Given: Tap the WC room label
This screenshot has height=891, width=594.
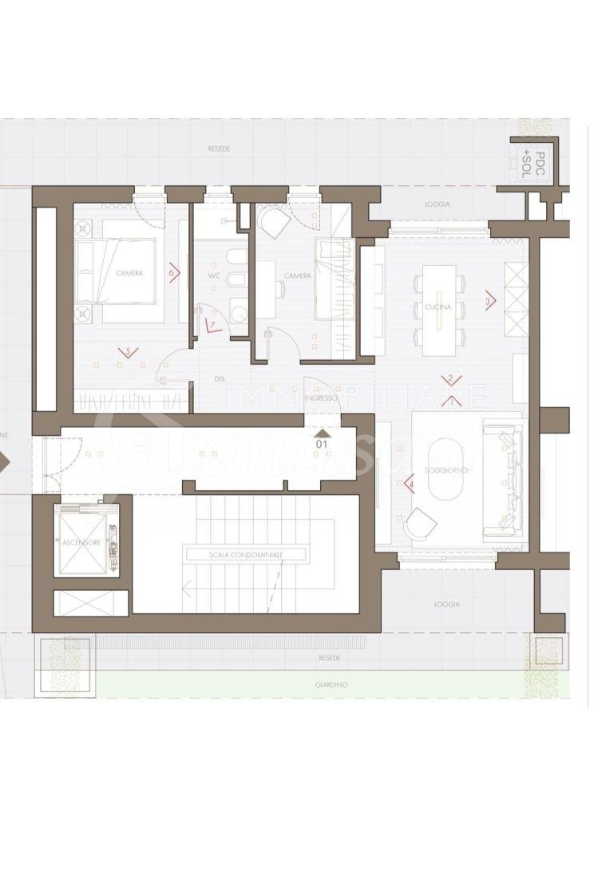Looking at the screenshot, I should [214, 275].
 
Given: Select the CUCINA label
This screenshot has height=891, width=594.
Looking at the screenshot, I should [438, 307].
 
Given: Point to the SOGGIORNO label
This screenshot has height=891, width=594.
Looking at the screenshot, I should [446, 470].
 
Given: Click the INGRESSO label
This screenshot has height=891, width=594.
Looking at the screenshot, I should [321, 398].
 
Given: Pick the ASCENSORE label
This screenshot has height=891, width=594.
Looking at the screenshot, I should [81, 542].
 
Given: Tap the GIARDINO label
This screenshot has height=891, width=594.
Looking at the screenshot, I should [331, 685].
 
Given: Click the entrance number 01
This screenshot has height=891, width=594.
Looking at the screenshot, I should [323, 442].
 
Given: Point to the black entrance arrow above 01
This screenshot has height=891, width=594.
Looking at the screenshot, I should [323, 431].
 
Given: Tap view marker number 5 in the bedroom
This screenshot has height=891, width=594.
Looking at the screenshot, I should [126, 350].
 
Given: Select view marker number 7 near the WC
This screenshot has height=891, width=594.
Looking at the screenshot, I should [212, 325].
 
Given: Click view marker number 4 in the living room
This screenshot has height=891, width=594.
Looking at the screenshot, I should [410, 484].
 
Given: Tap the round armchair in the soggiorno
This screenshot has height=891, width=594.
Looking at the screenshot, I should [421, 523].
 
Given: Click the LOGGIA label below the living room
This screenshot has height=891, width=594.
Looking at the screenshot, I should [447, 604].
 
